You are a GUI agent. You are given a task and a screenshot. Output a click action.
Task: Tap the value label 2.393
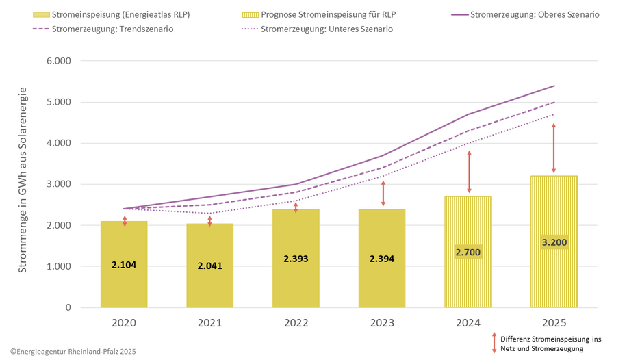click(x=296, y=259)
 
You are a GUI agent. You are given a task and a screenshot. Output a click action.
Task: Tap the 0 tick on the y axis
click(x=67, y=307)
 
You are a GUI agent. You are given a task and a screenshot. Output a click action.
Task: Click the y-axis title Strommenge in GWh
click(x=23, y=180)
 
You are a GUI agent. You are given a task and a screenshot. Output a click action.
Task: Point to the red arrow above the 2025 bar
click(x=554, y=148)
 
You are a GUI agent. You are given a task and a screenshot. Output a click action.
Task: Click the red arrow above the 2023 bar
click(x=383, y=194)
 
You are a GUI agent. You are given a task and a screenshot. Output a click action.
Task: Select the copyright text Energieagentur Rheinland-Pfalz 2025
click(x=73, y=352)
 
